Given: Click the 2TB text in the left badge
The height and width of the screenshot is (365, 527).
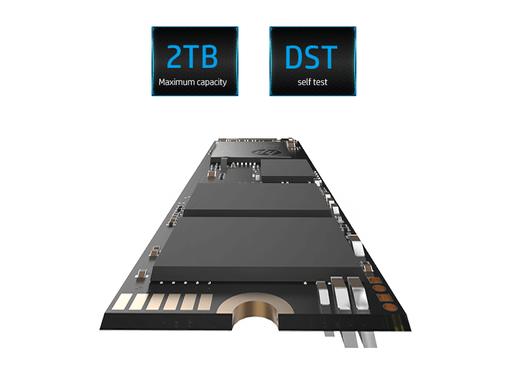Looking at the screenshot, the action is point(192,57).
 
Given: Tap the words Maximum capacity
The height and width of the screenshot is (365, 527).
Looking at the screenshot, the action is point(192,82).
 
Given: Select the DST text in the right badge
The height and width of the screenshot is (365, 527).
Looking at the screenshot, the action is point(311,57).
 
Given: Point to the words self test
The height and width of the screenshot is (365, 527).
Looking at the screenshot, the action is point(312,82).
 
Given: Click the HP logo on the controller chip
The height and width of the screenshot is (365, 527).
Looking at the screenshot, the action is point(267,153).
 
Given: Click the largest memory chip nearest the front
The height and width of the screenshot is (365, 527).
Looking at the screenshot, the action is point(256,248).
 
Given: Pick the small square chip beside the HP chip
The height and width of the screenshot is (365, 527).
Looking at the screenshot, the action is point(288,171).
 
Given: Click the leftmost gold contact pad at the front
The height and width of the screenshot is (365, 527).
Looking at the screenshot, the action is point(121,302).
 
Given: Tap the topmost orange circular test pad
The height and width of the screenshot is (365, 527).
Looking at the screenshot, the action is point(375,280).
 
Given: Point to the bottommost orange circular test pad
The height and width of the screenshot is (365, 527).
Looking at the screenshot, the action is point(390,307).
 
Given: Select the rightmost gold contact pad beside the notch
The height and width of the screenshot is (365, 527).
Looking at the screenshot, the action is point(205,302).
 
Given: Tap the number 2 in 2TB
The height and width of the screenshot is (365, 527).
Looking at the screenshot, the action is point(175,57).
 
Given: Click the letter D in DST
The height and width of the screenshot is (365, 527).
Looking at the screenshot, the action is point(293,57).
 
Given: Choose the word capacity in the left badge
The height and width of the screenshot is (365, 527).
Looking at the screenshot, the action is point(211,82).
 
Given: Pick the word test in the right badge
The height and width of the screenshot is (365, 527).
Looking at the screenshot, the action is point(320,82).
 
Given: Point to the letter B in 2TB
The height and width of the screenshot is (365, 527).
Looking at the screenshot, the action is point(209,57).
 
